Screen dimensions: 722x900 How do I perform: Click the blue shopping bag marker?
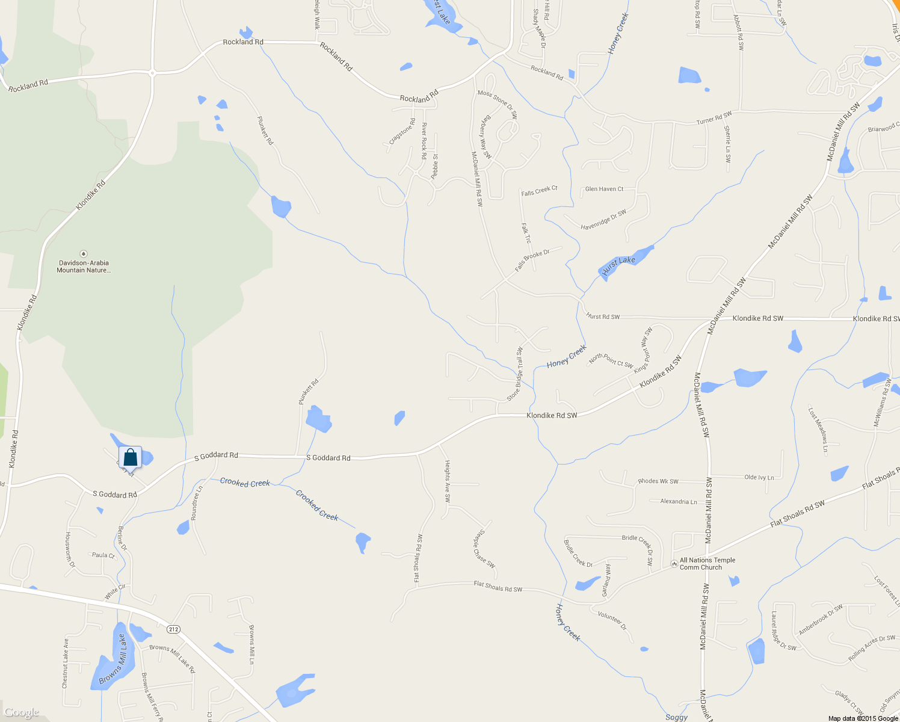pyautogui.click(x=130, y=457)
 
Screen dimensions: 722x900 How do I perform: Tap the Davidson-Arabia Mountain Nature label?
pyautogui.click(x=84, y=267)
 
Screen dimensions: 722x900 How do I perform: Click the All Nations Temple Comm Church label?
pyautogui.click(x=707, y=564)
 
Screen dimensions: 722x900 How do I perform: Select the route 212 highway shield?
pyautogui.click(x=173, y=629)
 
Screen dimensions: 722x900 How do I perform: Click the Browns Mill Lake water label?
pyautogui.click(x=112, y=659)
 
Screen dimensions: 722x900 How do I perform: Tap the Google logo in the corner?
pyautogui.click(x=22, y=712)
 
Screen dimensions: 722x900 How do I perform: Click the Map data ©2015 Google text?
pyautogui.click(x=863, y=718)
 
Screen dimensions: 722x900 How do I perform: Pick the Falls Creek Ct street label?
pyautogui.click(x=539, y=191)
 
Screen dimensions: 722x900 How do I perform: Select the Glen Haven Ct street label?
pyautogui.click(x=604, y=189)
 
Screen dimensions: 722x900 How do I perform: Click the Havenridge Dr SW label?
pyautogui.click(x=603, y=220)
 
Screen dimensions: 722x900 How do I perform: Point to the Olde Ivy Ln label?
pyautogui.click(x=759, y=477)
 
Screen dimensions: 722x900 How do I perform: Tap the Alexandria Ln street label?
pyautogui.click(x=679, y=501)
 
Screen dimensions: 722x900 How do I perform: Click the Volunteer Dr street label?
pyautogui.click(x=612, y=620)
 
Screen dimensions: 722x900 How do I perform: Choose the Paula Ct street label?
pyautogui.click(x=103, y=555)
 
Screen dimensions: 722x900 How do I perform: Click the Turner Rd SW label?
pyautogui.click(x=714, y=118)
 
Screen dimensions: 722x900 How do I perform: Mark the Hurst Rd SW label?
pyautogui.click(x=603, y=316)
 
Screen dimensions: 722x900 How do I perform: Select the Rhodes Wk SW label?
pyautogui.click(x=658, y=481)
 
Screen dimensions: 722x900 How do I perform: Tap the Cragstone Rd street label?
pyautogui.click(x=402, y=131)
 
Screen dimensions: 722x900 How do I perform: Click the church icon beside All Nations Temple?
pyautogui.click(x=673, y=564)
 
